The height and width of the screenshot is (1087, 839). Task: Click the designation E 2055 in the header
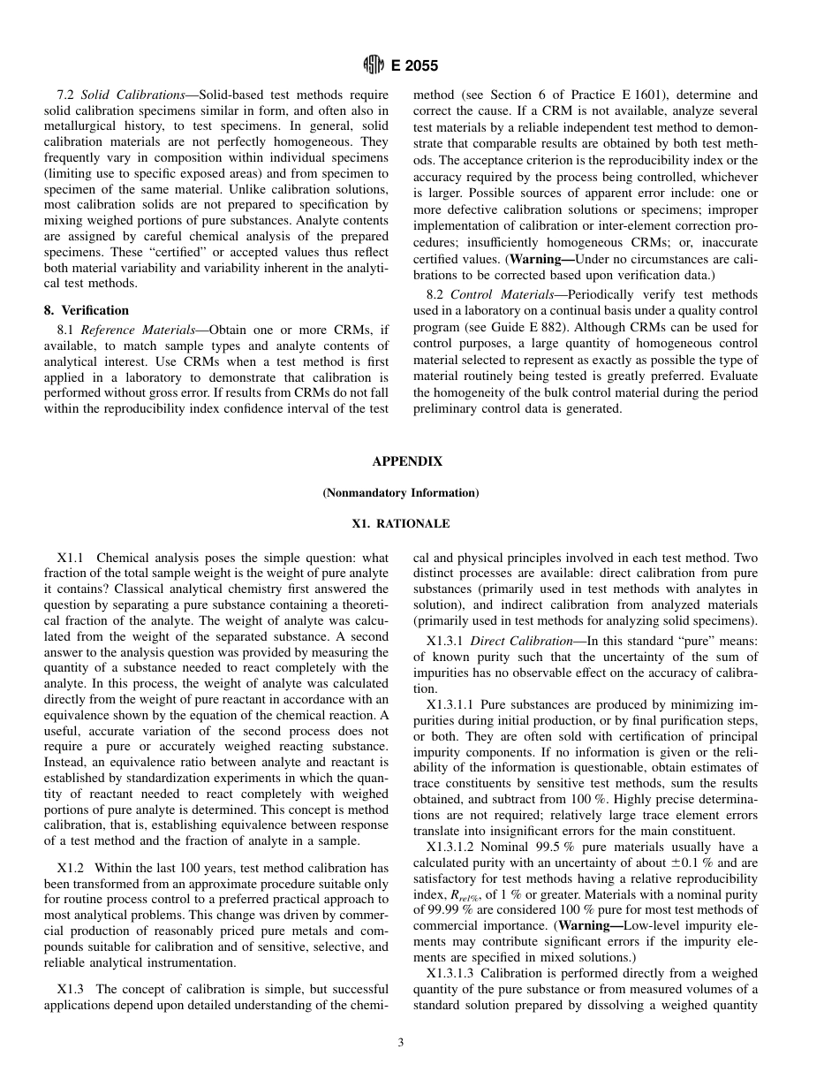(413, 65)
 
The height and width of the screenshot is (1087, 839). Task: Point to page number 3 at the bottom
(400, 1043)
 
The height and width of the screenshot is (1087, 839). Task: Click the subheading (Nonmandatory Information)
(400, 492)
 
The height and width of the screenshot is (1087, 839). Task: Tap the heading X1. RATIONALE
(400, 524)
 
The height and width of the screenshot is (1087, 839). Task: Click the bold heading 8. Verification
(87, 310)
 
